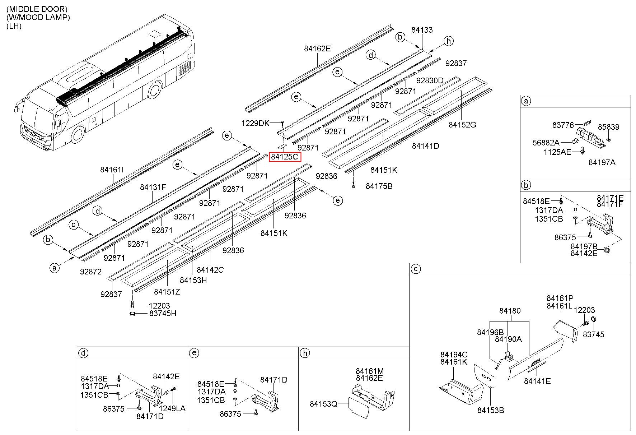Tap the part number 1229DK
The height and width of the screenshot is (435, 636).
(x=255, y=124)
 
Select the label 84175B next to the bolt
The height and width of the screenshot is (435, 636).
(x=379, y=186)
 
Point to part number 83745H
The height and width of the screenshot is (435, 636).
(x=163, y=314)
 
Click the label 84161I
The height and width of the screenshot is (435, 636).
(x=112, y=170)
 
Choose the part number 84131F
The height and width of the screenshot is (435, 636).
(x=153, y=187)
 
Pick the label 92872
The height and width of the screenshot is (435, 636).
(x=91, y=272)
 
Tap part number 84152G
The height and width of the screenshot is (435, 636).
(x=462, y=125)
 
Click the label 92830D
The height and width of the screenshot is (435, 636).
(x=430, y=80)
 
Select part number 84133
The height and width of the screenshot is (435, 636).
(x=422, y=30)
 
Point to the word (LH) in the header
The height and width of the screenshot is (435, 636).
(x=14, y=26)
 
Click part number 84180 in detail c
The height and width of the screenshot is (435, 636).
(x=510, y=311)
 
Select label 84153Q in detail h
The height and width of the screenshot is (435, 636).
(x=324, y=404)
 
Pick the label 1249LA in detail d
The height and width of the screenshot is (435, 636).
(x=172, y=408)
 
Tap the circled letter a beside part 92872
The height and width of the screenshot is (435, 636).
(x=55, y=268)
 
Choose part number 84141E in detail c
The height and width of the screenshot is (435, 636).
(x=537, y=381)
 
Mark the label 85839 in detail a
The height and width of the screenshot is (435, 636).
(x=609, y=127)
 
